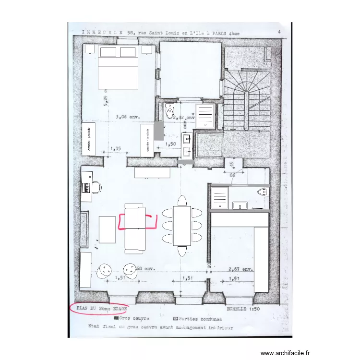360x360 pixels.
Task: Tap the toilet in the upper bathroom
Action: coord(169,112)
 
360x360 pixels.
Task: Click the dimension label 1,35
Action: coord(115,149)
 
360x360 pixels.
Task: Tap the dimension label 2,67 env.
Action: coord(241,269)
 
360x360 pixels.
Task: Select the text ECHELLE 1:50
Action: coord(243,309)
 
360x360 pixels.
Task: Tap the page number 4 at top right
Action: coord(279,33)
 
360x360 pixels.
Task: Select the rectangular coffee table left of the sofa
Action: coord(108,229)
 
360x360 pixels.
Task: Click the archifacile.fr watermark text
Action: coord(286,353)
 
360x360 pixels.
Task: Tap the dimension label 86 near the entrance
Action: coord(233,176)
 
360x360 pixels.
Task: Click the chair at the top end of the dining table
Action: coord(182,201)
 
